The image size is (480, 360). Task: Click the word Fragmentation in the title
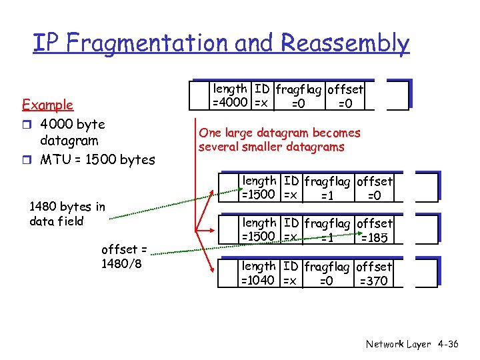[x=157, y=43]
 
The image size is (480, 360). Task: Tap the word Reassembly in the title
[x=345, y=43]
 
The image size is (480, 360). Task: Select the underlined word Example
[x=47, y=105]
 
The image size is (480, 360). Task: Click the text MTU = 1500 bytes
[x=97, y=159]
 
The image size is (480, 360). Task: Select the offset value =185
[x=373, y=237]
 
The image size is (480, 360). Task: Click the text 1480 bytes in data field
[x=67, y=214]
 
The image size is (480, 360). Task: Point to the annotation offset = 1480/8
[x=124, y=256]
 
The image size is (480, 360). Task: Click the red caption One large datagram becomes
[x=279, y=133]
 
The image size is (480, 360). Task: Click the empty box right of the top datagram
[x=397, y=95]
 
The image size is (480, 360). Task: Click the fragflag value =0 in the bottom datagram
[x=327, y=281]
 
